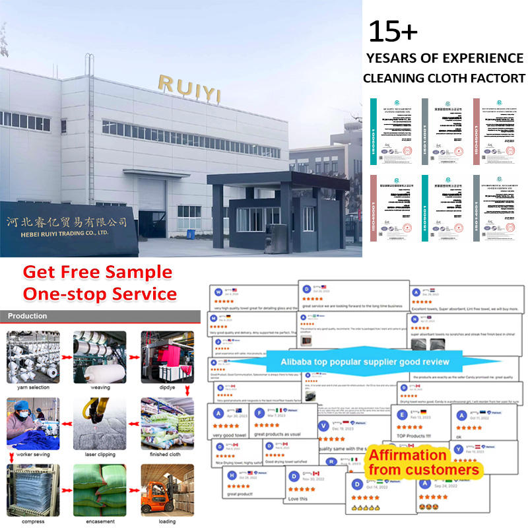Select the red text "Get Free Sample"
(97, 272)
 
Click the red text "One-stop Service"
(100, 293)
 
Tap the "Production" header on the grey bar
(28, 316)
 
